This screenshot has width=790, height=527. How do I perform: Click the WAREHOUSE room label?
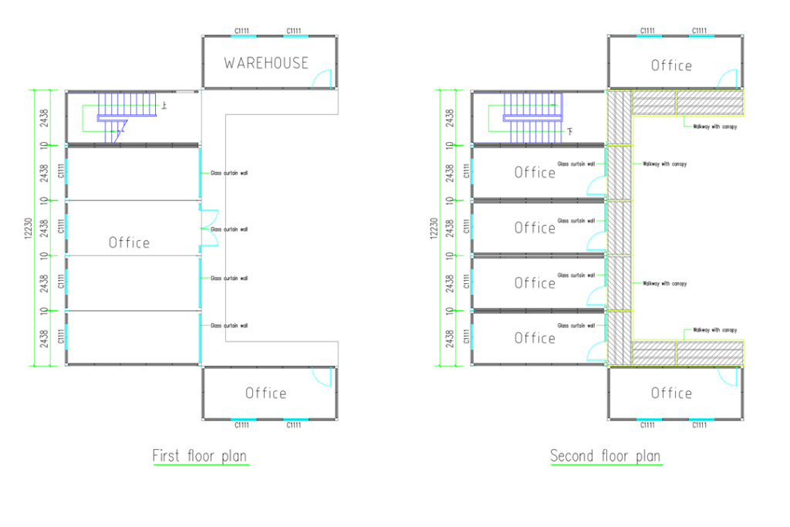pyautogui.click(x=266, y=63)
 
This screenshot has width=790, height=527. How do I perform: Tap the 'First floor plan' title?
pyautogui.click(x=200, y=456)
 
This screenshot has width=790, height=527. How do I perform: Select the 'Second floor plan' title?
pyautogui.click(x=605, y=456)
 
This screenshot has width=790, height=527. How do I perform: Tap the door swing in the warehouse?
pyautogui.click(x=322, y=79)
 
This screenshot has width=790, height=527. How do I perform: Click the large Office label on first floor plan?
pyautogui.click(x=129, y=243)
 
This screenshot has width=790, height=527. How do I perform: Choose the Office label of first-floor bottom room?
pyautogui.click(x=265, y=394)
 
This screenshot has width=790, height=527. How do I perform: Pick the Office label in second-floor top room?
pyautogui.click(x=671, y=66)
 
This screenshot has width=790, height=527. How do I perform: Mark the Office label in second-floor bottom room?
pyautogui.click(x=671, y=394)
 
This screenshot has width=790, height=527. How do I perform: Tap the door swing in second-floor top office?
pyautogui.click(x=728, y=79)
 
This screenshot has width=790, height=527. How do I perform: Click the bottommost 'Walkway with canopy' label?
pyautogui.click(x=714, y=329)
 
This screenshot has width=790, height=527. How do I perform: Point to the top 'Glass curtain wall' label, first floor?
pyautogui.click(x=229, y=173)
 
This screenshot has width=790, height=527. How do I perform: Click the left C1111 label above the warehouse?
pyautogui.click(x=241, y=31)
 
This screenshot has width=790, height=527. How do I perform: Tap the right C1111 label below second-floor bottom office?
pyautogui.click(x=699, y=425)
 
